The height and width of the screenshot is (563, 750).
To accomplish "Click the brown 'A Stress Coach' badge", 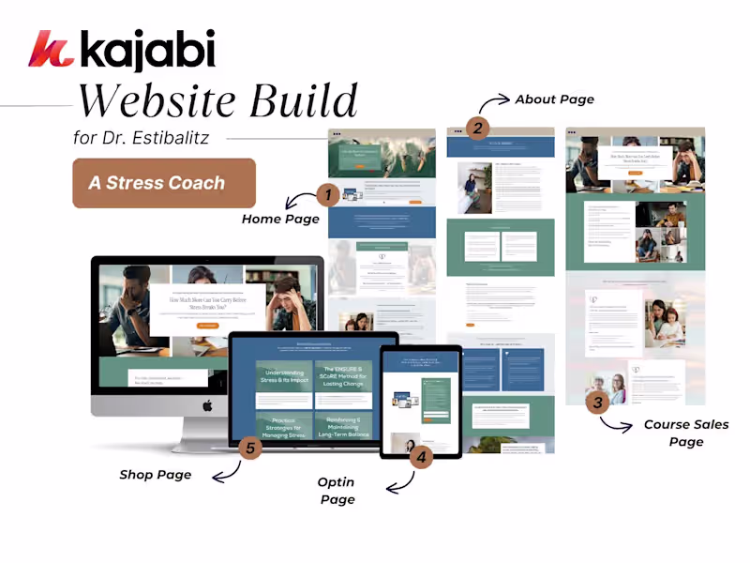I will (164, 183).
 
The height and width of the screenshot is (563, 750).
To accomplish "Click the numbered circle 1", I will (327, 195).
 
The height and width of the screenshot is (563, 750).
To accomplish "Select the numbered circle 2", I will (477, 129).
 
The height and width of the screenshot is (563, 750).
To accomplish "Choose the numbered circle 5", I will (249, 449).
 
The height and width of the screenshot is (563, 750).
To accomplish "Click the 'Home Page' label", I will (280, 219).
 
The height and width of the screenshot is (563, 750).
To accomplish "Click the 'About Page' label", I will (554, 99).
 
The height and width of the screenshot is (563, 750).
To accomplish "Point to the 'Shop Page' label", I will (156, 475).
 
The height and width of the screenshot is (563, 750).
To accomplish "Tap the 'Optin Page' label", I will (337, 491).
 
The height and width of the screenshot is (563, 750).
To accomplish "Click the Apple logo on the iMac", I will (208, 405).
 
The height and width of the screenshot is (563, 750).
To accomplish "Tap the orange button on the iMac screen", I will (208, 325).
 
